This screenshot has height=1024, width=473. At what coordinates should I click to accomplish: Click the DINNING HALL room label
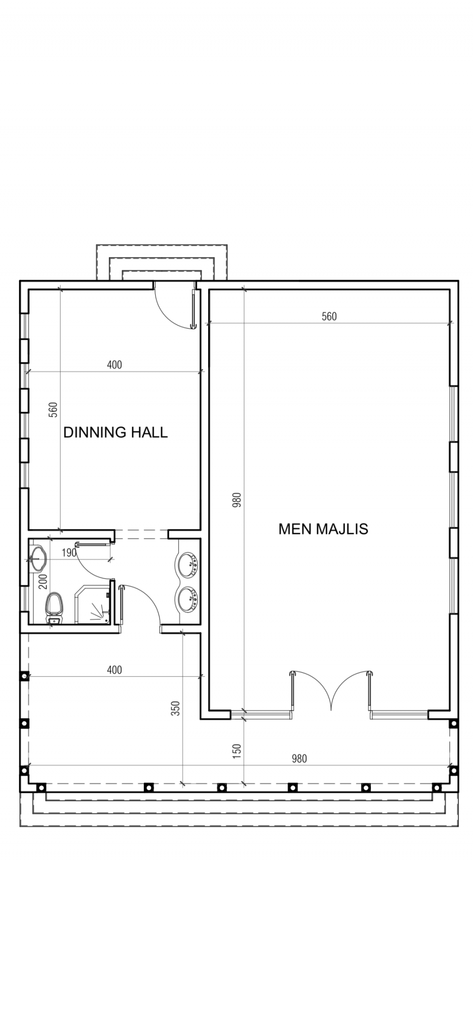[115, 432]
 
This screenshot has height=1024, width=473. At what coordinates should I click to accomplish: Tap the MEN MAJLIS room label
[323, 528]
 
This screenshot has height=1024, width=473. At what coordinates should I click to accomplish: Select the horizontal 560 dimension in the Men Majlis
[329, 316]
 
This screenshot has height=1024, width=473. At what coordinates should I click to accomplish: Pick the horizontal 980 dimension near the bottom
[299, 758]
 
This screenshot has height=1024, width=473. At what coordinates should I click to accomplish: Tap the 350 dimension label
[175, 708]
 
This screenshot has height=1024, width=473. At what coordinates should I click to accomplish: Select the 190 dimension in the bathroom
[69, 552]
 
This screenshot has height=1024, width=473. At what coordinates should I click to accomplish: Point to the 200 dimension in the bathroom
[43, 581]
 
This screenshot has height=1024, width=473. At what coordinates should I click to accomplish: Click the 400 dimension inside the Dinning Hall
[114, 365]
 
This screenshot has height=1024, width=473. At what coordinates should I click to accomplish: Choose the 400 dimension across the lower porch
[114, 670]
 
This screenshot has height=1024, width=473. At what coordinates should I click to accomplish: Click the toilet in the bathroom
[53, 607]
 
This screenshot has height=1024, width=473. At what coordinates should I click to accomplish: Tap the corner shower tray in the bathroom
[93, 604]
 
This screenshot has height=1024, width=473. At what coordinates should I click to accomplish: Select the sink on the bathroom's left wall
[37, 558]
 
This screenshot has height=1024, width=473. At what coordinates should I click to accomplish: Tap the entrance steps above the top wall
[162, 263]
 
